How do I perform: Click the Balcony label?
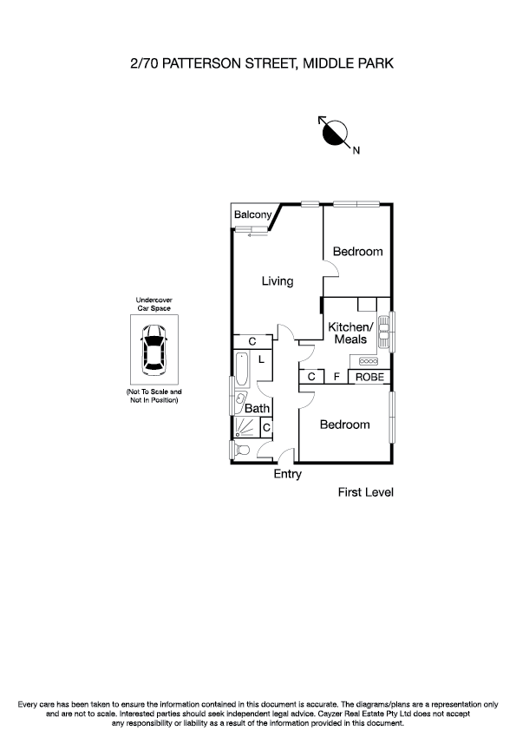tap(253, 214)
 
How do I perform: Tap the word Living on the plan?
tap(278, 281)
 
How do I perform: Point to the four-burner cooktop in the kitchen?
tap(368, 361)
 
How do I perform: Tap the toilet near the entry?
tap(241, 450)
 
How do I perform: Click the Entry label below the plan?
tap(288, 474)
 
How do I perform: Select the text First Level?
tap(365, 492)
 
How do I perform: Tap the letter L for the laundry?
tap(260, 359)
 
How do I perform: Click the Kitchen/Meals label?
tap(350, 333)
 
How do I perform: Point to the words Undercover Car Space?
tap(154, 304)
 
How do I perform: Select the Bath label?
tap(257, 408)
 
